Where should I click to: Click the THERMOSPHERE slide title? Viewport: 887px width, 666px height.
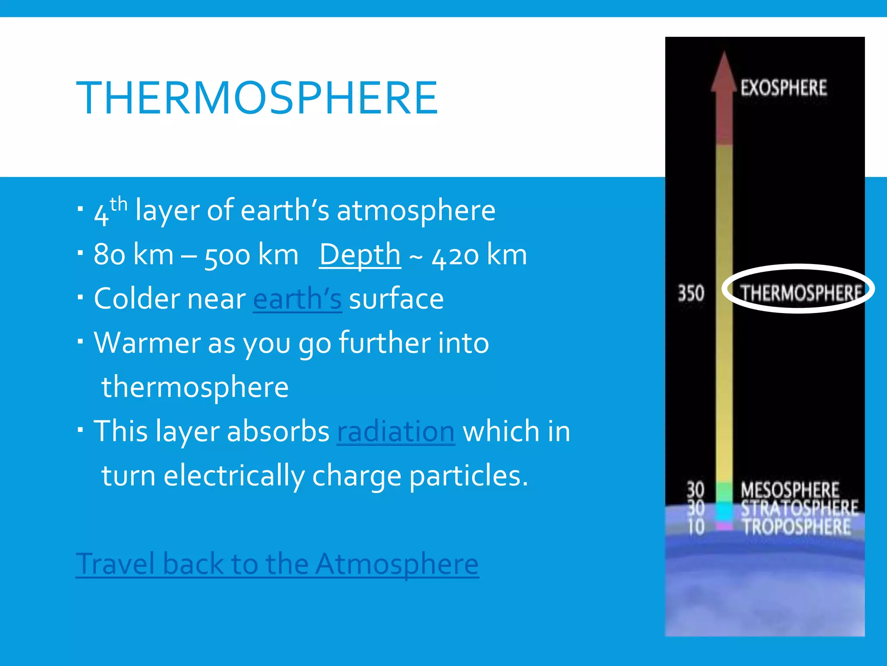[x=257, y=98]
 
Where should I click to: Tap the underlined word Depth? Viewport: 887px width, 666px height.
[x=360, y=255]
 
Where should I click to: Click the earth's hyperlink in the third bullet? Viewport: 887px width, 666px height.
[x=298, y=299]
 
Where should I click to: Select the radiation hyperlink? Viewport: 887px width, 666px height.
[x=396, y=431]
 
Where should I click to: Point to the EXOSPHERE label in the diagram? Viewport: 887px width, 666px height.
[x=783, y=88]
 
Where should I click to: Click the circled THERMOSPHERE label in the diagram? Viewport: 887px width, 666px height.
[x=800, y=293]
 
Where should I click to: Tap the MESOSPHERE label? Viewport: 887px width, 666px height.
[x=790, y=490]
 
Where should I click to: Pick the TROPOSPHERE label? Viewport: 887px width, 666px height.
[x=796, y=526]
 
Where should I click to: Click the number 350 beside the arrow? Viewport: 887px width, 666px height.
[x=691, y=293]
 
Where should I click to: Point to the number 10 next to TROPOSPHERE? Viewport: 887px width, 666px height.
[x=696, y=527]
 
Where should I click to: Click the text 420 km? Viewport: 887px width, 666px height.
[x=479, y=255]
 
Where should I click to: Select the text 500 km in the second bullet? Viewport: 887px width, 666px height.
[x=251, y=255]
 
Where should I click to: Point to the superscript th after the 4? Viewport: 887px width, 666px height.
[x=118, y=204]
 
